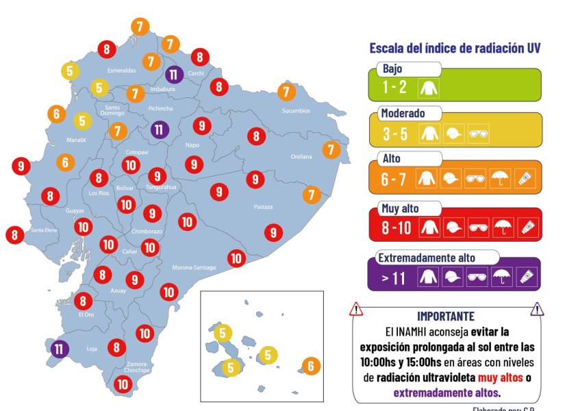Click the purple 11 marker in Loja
[60, 349]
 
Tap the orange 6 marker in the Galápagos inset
[310, 366]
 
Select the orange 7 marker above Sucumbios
[286, 92]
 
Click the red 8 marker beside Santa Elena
[15, 235]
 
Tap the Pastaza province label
[263, 207]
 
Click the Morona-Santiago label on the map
[194, 267]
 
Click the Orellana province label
[301, 157]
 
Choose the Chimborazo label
[147, 232]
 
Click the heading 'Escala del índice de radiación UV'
[455, 48]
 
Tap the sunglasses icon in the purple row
[477, 277]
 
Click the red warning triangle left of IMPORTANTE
[356, 310]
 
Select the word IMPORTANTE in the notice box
[445, 316]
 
